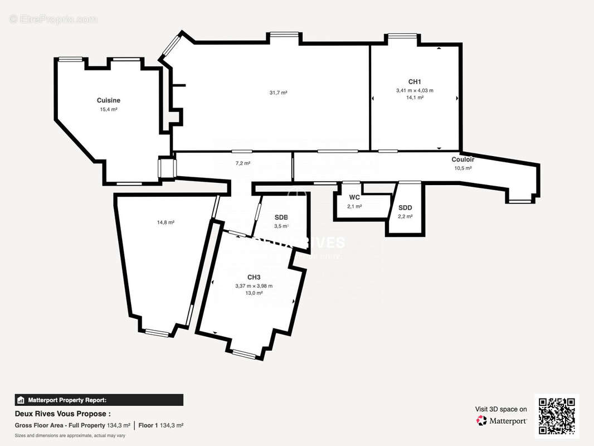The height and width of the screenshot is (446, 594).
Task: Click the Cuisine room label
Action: tap(108, 100)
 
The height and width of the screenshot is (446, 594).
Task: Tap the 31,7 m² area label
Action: tap(278, 93)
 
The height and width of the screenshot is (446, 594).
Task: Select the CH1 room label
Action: tap(415, 81)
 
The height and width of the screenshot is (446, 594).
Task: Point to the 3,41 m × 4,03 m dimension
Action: tap(415, 90)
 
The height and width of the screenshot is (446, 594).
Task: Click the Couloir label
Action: tap(462, 159)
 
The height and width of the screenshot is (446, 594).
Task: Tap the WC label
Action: tap(354, 197)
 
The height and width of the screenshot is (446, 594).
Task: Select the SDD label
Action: tap(405, 208)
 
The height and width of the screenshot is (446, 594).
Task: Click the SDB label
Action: tap(281, 217)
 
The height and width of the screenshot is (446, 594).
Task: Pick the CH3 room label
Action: tap(254, 277)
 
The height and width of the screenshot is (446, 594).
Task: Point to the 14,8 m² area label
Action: tap(165, 222)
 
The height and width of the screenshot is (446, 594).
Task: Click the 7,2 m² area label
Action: tap(242, 163)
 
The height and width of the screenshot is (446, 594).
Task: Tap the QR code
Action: tap(557, 416)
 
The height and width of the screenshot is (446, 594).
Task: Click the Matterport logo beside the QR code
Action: tap(502, 421)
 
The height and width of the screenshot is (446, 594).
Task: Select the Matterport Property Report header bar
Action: tap(99, 400)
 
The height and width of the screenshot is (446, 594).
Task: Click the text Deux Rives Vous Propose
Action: tap(62, 414)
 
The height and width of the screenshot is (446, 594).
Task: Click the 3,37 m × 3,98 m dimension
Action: tap(254, 286)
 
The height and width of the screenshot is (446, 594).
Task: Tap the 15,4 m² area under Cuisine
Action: tap(108, 109)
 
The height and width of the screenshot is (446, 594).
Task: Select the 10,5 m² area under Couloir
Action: tap(462, 168)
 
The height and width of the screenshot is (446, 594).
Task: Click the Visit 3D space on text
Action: tap(500, 409)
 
